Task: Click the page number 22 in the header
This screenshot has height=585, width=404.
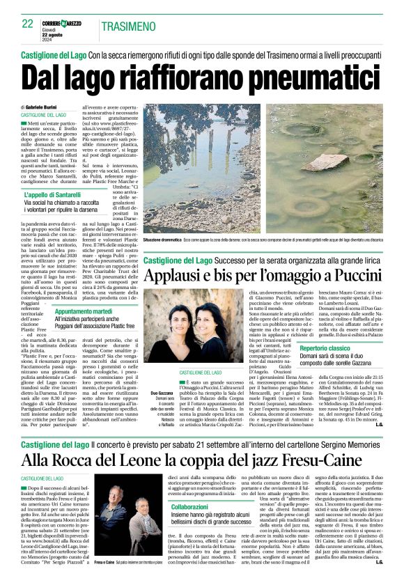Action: click(x=27, y=24)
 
